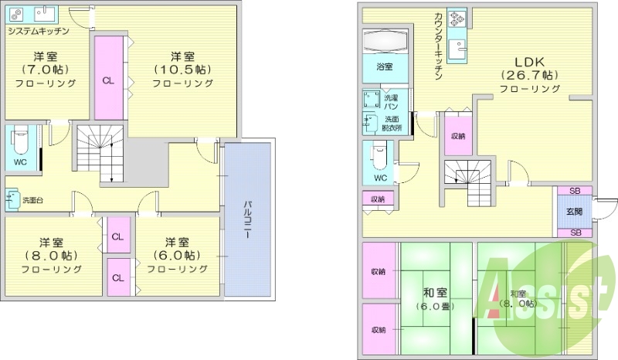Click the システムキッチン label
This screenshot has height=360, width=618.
(x=39, y=31)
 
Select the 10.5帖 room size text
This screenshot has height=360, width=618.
(x=182, y=70)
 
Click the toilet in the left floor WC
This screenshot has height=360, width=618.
(x=20, y=142)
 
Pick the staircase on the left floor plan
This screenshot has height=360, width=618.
(x=99, y=152)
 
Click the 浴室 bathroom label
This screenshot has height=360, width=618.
(x=384, y=67)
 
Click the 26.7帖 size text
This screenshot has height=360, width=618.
(x=529, y=75)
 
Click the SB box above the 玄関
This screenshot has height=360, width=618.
(x=575, y=191)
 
